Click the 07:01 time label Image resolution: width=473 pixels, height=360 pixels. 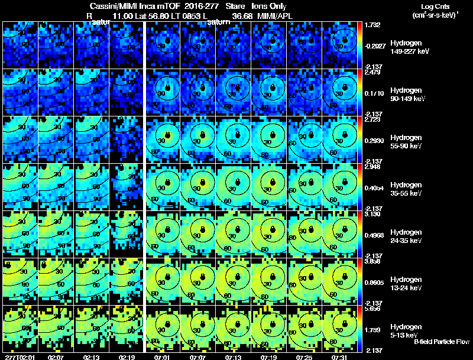pos(162,356)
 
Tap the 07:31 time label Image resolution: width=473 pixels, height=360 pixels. pos(339,356)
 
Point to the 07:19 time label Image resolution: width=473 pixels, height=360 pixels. pos(268,356)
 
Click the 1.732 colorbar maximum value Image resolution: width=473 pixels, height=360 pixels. pos(373,25)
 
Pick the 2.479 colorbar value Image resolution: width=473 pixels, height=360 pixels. pos(373,72)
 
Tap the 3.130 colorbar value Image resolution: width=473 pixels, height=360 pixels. pos(373,214)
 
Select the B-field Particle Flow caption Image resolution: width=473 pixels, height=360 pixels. pos(442,342)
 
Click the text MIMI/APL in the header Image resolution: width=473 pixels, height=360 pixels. pos(287,16)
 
